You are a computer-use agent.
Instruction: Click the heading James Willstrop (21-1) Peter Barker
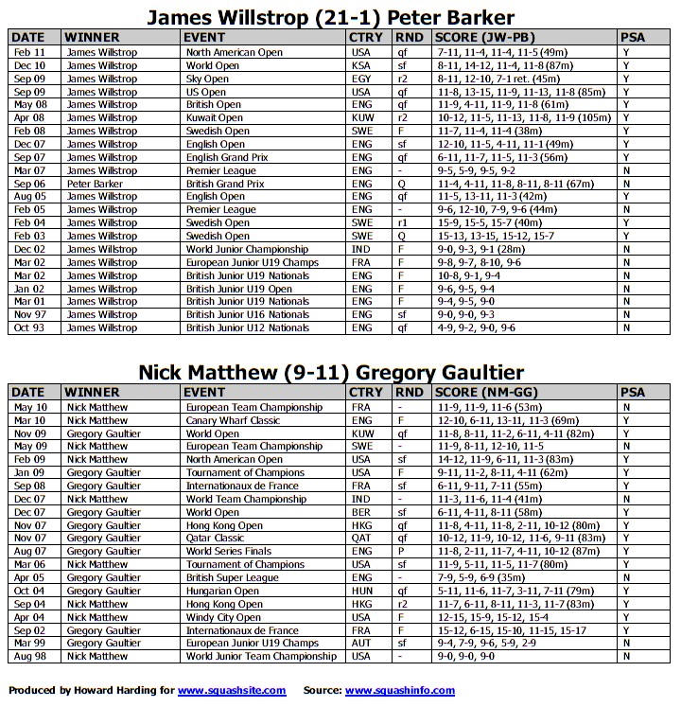330,17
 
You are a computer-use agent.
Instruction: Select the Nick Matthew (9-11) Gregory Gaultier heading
330,372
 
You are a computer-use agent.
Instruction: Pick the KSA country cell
360,65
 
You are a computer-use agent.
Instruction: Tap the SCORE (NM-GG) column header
481,392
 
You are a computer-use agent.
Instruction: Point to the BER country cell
360,512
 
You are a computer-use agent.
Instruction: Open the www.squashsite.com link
232,691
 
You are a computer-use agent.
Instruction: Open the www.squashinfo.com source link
399,691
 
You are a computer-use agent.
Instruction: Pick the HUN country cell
361,591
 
